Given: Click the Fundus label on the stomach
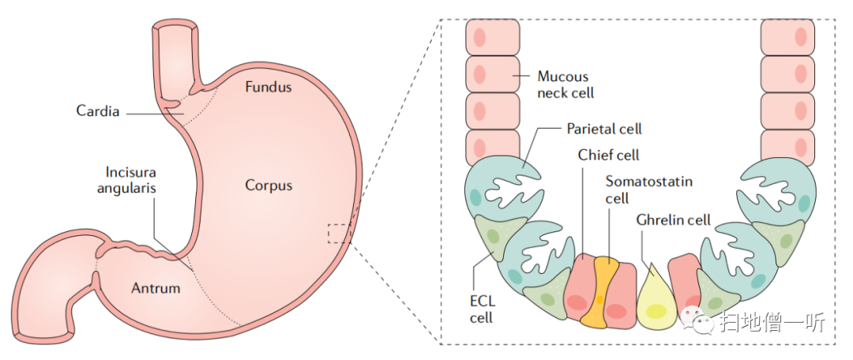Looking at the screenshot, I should (x=268, y=86).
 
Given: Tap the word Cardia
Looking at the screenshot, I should (x=98, y=111).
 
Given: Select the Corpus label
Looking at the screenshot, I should (x=268, y=186).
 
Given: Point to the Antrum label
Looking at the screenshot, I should (x=155, y=288).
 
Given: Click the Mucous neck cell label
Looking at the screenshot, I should (x=564, y=84).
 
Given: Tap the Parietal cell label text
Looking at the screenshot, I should (x=604, y=129).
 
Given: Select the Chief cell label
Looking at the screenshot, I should (x=608, y=156).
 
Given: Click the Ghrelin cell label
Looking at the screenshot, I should (x=674, y=220).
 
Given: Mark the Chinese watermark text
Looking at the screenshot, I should (x=771, y=322).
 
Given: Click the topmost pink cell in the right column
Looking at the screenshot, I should (x=787, y=36).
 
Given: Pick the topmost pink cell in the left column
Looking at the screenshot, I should (x=492, y=36).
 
